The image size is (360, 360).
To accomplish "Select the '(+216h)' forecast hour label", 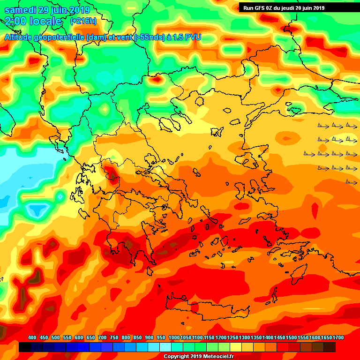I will point(83,21).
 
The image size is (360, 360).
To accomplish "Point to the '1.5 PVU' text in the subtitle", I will point(187,37).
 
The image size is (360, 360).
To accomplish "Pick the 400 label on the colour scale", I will point(32,337).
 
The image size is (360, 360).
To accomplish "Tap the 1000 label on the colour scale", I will point(174,337).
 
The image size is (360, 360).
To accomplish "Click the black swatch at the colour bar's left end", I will point(25,347).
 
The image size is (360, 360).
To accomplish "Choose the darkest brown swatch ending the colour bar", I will point(330,347).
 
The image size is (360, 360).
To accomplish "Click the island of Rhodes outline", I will point(296,258).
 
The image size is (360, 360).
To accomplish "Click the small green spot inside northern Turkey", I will point(295,111).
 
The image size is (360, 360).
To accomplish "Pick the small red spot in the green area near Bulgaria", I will point(155,80).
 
